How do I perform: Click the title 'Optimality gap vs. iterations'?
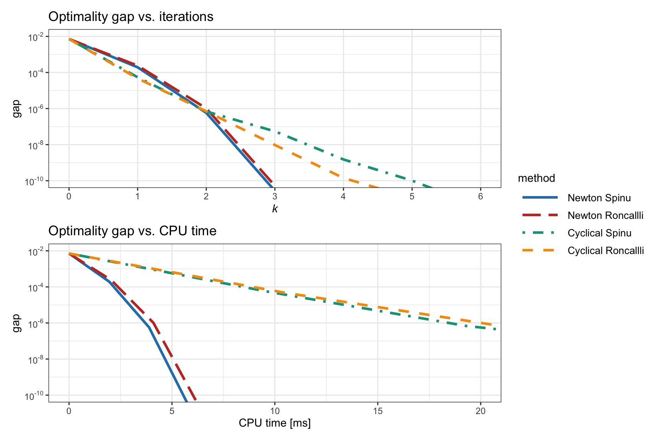click(131, 17)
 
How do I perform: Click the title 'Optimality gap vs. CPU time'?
click(132, 231)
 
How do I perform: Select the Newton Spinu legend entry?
click(599, 198)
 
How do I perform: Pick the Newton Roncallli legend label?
click(605, 215)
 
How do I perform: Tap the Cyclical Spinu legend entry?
click(599, 233)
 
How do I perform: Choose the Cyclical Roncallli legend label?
click(606, 251)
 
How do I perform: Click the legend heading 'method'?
click(536, 178)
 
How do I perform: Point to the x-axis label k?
click(275, 209)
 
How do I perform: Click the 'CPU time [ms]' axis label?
click(275, 423)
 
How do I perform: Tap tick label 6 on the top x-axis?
click(480, 197)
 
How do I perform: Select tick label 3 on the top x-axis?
click(275, 197)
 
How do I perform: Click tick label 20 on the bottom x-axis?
click(480, 411)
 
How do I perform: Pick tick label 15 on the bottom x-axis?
click(378, 411)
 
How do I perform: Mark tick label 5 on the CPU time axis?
click(172, 411)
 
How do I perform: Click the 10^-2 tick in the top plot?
click(36, 37)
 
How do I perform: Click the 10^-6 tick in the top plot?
click(36, 109)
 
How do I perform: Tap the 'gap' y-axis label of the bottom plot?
click(16, 323)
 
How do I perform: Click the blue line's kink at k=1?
click(137, 67)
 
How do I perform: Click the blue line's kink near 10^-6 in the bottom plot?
click(149, 327)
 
